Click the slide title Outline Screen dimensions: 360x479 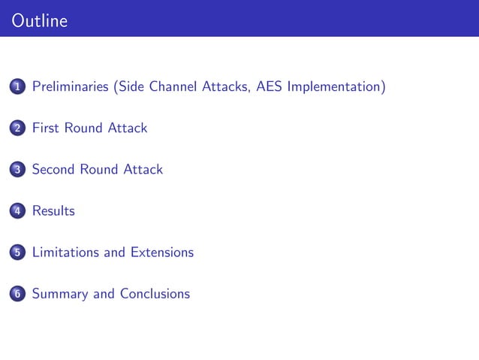tap(40, 21)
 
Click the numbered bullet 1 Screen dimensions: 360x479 tap(17, 88)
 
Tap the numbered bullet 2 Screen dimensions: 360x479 tap(17, 129)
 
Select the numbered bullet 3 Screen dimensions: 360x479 tap(17, 171)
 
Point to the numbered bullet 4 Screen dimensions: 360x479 tap(17, 212)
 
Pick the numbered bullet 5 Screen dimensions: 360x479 tap(17, 253)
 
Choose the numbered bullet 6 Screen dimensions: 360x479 tap(17, 295)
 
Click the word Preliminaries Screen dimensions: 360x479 tap(71, 87)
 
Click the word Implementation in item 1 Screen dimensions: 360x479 tap(336, 87)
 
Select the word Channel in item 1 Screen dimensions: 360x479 tap(173, 87)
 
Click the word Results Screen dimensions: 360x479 tap(53, 211)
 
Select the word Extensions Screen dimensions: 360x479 tap(161, 253)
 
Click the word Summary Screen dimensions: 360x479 tap(60, 294)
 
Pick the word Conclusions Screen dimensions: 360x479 tap(153, 294)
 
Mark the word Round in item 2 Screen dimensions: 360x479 tap(86, 129)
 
